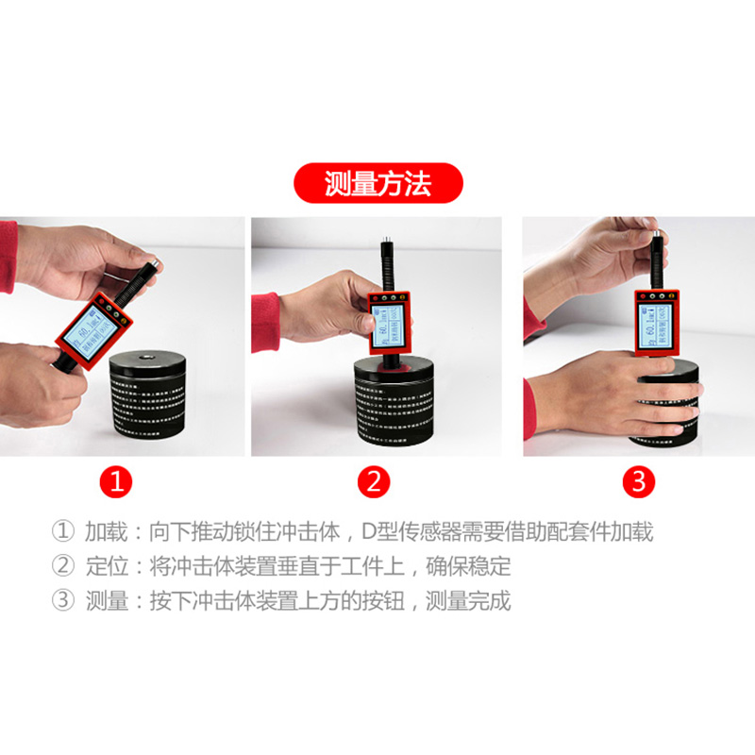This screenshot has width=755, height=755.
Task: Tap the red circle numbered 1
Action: tap(117, 483)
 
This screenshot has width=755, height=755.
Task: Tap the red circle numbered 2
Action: tap(374, 483)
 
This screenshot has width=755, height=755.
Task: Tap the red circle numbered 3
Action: tap(638, 483)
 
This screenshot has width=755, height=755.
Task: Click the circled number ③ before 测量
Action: tap(61, 601)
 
